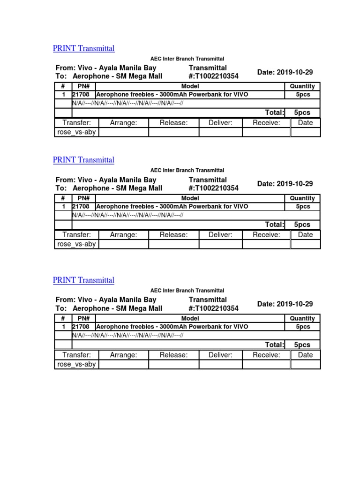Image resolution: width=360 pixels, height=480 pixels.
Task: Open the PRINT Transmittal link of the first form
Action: [x=83, y=48]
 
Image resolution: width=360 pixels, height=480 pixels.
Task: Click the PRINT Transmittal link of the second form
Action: [x=83, y=160]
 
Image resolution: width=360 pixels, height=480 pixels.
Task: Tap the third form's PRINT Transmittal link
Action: [x=83, y=280]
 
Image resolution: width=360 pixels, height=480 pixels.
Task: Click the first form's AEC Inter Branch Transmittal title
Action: [x=187, y=59]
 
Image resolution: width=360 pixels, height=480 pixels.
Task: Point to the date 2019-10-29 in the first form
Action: [x=285, y=72]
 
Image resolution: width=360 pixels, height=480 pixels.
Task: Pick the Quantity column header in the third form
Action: [x=302, y=318]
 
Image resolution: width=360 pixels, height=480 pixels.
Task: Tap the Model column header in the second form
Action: [x=190, y=198]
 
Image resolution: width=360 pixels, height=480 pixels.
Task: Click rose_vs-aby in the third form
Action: [x=76, y=364]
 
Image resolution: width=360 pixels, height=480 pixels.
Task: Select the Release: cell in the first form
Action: [x=173, y=123]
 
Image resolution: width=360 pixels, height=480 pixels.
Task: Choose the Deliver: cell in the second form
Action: [x=220, y=235]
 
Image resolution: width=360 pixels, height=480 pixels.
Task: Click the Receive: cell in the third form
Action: [x=266, y=355]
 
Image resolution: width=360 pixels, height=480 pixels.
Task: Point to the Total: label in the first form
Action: [x=275, y=112]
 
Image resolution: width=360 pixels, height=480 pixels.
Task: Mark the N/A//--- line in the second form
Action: [x=127, y=215]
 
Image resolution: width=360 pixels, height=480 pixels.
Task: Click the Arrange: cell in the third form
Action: [x=123, y=355]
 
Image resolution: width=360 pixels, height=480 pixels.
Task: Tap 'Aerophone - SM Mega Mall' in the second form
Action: [x=118, y=188]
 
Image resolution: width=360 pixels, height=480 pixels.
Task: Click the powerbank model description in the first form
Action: [x=172, y=95]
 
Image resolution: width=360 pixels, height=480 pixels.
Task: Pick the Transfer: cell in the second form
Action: [x=76, y=235]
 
